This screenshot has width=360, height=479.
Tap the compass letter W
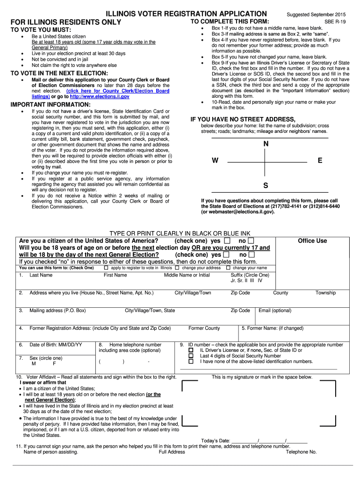(x=215, y=160)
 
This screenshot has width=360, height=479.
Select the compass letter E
(x=320, y=160)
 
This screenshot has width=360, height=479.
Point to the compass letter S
(x=266, y=186)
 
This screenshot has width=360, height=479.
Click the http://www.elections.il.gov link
(x=106, y=96)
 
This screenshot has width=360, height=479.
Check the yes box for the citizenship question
(x=227, y=241)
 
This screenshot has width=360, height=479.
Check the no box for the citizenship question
(x=252, y=241)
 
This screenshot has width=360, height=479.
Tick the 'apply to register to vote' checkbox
(x=106, y=268)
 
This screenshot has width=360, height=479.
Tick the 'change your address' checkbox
(x=177, y=268)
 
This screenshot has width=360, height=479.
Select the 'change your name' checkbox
(x=228, y=268)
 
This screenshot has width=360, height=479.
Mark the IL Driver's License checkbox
(x=191, y=350)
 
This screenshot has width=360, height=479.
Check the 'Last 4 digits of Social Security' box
(x=191, y=356)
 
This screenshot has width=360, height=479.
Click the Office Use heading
(x=312, y=241)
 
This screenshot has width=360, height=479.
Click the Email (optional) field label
(x=275, y=311)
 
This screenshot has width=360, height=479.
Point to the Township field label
(x=325, y=293)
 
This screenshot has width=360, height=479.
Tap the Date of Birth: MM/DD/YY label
(x=56, y=345)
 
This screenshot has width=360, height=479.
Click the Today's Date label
(x=216, y=441)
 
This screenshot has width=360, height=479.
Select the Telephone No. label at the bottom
(x=301, y=452)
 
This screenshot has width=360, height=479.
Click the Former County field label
(x=204, y=328)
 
